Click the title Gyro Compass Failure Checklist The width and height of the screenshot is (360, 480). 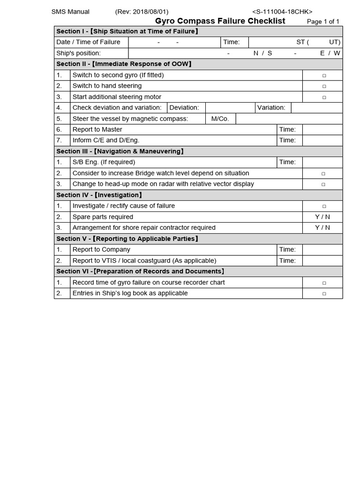click(x=220, y=21)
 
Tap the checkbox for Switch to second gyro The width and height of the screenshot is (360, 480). click(x=323, y=75)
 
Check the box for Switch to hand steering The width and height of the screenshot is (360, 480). click(x=323, y=86)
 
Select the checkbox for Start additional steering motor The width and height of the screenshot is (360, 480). click(x=323, y=97)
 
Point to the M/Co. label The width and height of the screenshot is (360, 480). click(x=220, y=119)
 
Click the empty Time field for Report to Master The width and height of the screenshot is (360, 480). click(x=322, y=129)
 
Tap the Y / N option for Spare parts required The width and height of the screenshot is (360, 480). click(x=322, y=217)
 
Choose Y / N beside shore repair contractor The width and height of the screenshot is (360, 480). click(x=322, y=228)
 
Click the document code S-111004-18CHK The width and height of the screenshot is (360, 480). click(x=282, y=12)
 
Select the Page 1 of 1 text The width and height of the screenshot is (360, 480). click(x=323, y=22)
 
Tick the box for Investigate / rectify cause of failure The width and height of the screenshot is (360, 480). click(x=323, y=206)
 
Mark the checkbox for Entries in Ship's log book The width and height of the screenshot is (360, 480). click(x=323, y=294)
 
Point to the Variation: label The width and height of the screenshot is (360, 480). click(x=271, y=108)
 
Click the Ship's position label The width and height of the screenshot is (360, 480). click(x=78, y=53)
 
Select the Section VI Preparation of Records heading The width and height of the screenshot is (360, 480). click(x=140, y=271)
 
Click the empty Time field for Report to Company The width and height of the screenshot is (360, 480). click(x=322, y=250)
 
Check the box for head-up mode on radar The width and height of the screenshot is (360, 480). click(x=323, y=184)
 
